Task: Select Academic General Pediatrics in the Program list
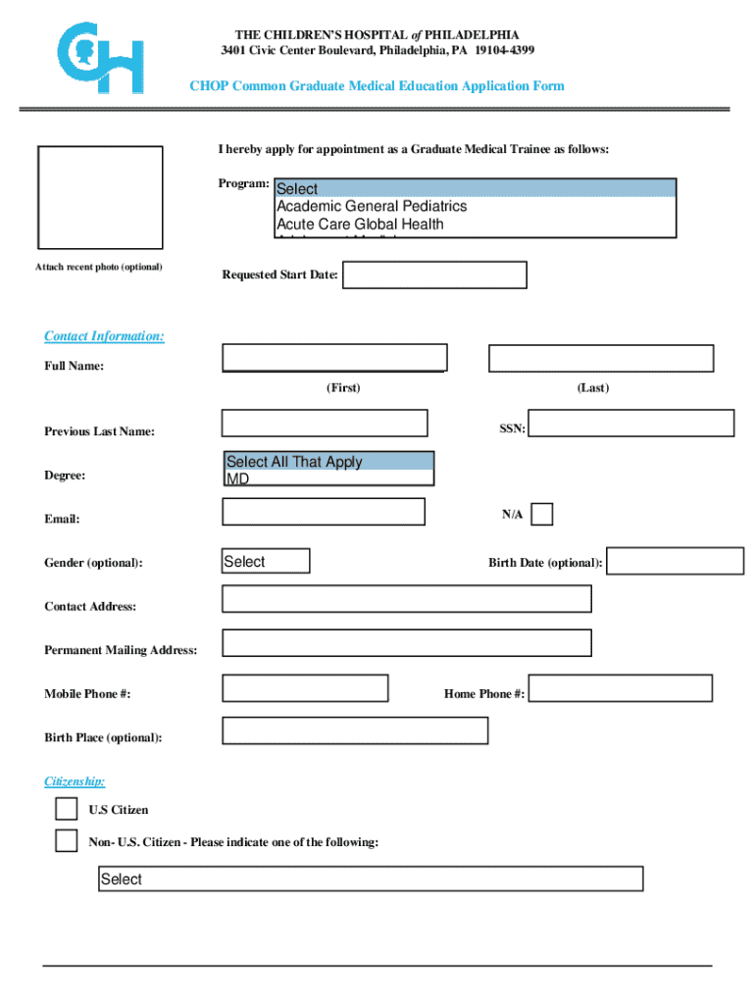(372, 206)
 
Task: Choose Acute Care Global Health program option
(360, 224)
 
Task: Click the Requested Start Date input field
(433, 275)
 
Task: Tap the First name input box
(334, 358)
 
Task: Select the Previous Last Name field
(325, 423)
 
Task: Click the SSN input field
(630, 423)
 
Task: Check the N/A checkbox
(541, 515)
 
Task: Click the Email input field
(324, 512)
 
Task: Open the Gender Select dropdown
(266, 561)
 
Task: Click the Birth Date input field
(675, 561)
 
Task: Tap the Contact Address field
(407, 598)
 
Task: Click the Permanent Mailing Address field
(407, 642)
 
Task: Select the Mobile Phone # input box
(305, 688)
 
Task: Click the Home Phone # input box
(620, 688)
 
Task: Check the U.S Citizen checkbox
(66, 809)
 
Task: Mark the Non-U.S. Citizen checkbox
(66, 841)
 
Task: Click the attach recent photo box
(100, 197)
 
